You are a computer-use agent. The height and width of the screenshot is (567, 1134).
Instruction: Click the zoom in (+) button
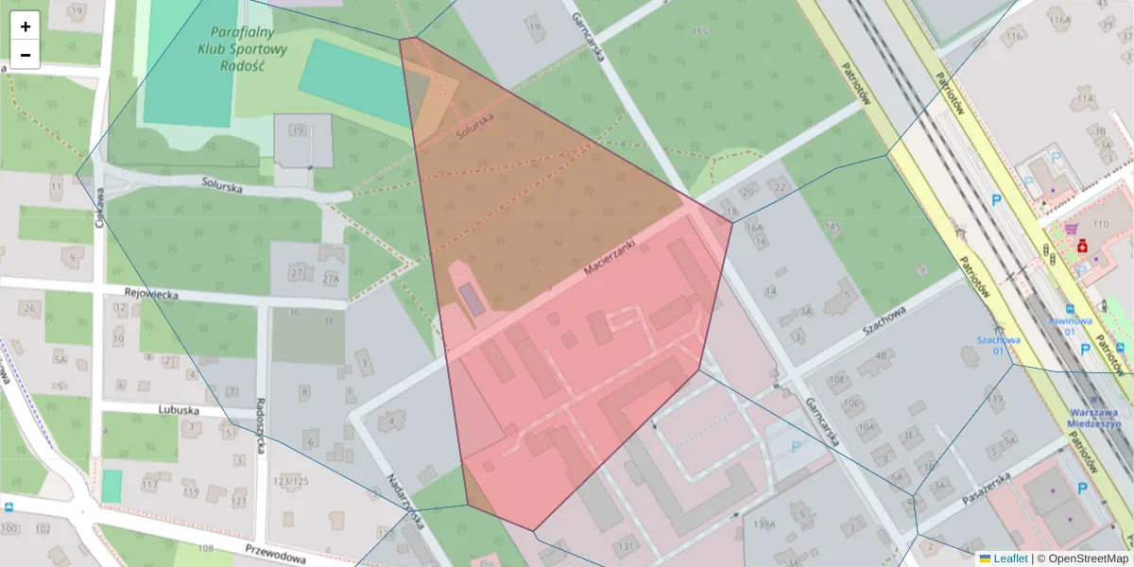click(26, 26)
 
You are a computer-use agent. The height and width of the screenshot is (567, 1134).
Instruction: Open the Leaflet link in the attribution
click(1010, 558)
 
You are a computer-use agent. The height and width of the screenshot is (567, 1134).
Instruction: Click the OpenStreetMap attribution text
click(1087, 558)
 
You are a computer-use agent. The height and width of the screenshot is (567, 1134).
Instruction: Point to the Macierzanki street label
click(610, 256)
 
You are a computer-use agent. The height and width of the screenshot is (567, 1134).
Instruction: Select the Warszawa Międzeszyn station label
click(1094, 419)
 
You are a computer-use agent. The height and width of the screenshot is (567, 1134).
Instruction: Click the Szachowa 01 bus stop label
click(999, 346)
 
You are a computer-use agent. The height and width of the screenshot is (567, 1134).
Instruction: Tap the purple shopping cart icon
click(1071, 229)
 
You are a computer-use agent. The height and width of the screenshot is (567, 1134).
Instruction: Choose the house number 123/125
click(291, 482)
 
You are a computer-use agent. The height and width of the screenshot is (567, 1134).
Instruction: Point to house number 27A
click(330, 279)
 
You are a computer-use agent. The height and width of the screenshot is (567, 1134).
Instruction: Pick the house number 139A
click(765, 524)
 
